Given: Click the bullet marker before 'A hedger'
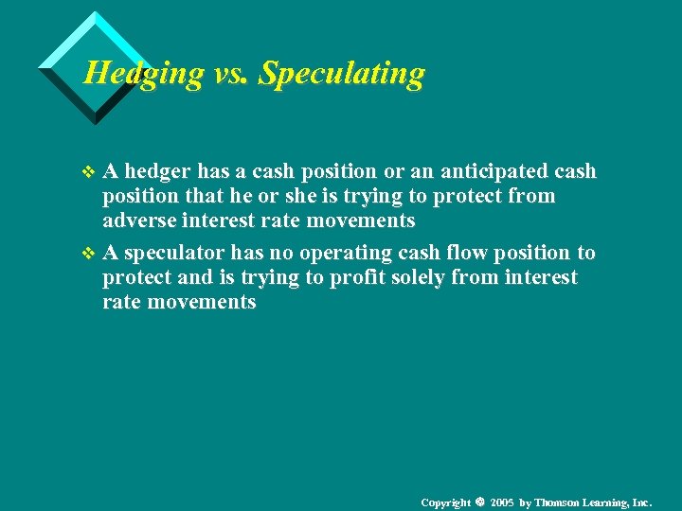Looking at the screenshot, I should (89, 172).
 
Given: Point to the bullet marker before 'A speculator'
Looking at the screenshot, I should (89, 254).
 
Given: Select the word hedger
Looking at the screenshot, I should (158, 171).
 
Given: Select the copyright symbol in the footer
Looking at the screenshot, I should (480, 501).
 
